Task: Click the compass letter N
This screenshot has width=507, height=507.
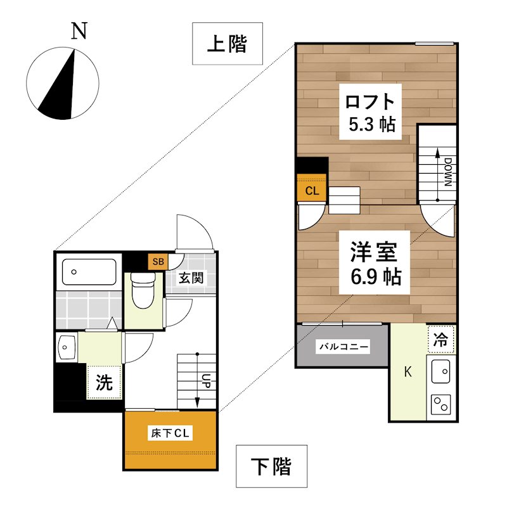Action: [x=79, y=31]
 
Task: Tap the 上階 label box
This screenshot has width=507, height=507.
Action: [x=227, y=44]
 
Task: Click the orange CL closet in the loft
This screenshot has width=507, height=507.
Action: [x=312, y=190]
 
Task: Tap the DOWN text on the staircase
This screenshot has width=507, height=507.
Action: [x=446, y=171]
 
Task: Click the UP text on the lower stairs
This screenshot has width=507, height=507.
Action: [x=207, y=381]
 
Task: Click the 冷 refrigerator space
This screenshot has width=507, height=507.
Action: [x=441, y=339]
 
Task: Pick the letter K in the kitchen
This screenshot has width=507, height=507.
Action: [x=408, y=372]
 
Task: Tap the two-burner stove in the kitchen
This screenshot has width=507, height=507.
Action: [x=440, y=403]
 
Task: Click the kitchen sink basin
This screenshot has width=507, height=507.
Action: [x=440, y=369]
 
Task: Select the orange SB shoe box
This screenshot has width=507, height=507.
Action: [x=157, y=260]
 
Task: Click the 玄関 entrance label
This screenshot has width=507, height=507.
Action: [x=190, y=278]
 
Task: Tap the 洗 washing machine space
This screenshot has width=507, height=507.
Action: [x=104, y=382]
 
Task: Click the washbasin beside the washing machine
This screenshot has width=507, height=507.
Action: [x=66, y=347]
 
